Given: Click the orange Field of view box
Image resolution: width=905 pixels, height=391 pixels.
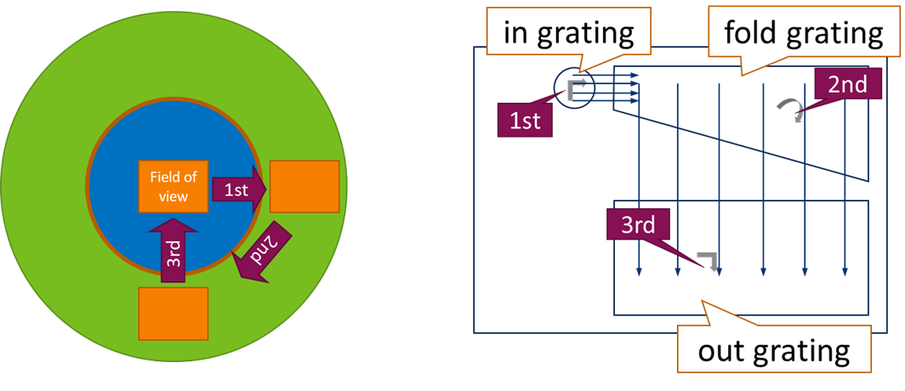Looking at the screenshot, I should [174, 187].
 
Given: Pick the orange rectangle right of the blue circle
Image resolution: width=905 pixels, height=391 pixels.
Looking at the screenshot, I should [305, 186].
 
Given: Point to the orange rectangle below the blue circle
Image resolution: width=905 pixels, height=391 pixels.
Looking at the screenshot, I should [174, 313].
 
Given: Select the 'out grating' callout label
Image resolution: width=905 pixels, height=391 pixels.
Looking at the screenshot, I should [774, 350].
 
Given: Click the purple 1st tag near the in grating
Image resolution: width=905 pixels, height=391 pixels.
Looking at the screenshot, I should [526, 121].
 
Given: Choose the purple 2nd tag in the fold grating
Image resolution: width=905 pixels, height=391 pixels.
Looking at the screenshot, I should [841, 84].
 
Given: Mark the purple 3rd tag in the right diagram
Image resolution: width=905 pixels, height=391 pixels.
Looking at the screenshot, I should [637, 227].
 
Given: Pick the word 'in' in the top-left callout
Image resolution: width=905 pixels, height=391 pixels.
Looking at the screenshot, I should [515, 34].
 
